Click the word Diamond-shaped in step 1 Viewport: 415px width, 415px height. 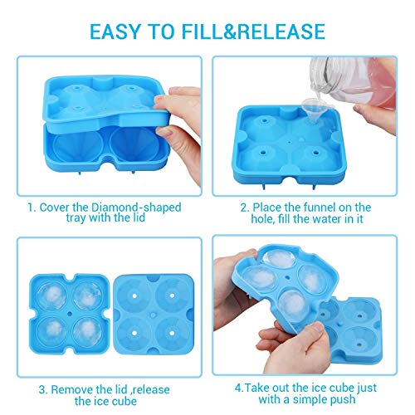pyautogui.click(x=136, y=207)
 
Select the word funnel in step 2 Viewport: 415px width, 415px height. pyautogui.click(x=322, y=207)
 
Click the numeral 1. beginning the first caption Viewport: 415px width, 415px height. pyautogui.click(x=32, y=207)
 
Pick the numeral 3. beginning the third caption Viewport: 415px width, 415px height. pyautogui.click(x=43, y=390)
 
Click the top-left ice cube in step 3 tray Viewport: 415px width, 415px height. pyautogui.click(x=51, y=296)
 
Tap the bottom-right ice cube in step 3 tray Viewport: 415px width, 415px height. pyautogui.click(x=87, y=331)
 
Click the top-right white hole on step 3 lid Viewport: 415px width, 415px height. pyautogui.click(x=172, y=295)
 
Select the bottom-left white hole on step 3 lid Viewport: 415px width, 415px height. pyautogui.click(x=134, y=333)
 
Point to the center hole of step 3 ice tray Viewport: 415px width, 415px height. pyautogui.click(x=70, y=314)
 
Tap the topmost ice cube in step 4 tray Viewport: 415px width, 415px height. pyautogui.click(x=279, y=259)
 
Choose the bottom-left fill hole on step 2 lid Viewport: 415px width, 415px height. pyautogui.click(x=262, y=153)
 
